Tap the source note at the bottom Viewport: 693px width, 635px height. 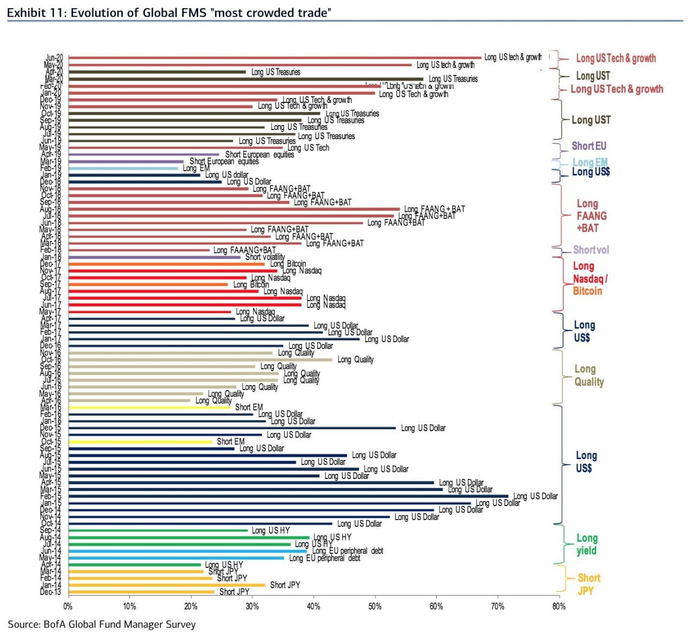102,624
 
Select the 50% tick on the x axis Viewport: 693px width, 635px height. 375,606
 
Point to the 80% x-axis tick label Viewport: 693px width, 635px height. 559,606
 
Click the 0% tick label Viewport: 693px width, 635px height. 68,606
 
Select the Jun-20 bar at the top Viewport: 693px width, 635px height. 275,57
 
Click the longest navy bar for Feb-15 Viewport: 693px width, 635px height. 289,496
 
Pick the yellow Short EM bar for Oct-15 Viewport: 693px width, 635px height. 141,442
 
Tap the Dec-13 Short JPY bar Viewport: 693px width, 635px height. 142,592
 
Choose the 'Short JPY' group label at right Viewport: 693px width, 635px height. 589,584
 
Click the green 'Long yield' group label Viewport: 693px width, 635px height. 586,544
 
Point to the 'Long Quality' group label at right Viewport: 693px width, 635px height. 589,375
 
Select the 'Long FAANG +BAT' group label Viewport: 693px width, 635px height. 591,216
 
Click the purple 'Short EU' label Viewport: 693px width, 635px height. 589,146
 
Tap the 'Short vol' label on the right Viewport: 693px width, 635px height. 591,250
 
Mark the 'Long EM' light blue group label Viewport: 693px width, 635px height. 590,162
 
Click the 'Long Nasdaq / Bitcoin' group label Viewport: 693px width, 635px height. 590,278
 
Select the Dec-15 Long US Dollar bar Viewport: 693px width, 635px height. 233,428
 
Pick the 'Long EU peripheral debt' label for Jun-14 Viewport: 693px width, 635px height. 348,551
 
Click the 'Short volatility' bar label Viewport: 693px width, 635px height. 265,257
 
